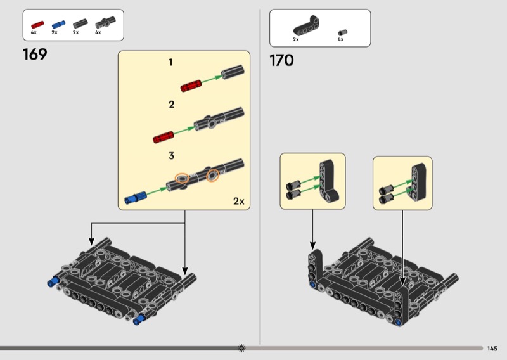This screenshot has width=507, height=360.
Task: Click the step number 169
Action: pos(35,55)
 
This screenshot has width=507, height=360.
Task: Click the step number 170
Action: pos(281,60)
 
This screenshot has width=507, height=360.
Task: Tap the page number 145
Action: pos(492,349)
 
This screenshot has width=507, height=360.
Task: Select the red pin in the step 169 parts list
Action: pos(37,25)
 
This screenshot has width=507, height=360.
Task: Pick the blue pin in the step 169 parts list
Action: pos(58,25)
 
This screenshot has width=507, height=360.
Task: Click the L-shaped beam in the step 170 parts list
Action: pos(307,27)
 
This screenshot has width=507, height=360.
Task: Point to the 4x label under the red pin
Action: pos(34,32)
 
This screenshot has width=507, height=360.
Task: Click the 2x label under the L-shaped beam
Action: pos(296,39)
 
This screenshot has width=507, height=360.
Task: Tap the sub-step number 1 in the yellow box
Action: pos(170,62)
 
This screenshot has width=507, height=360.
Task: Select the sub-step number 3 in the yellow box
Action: pos(171,156)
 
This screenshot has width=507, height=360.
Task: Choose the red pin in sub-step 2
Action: pos(164,137)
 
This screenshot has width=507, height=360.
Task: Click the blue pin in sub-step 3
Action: pos(135,197)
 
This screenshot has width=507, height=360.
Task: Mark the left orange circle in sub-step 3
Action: pos(182,178)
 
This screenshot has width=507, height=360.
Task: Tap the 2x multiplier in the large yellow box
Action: pos(239,201)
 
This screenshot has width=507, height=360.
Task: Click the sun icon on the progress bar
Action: pos(241,348)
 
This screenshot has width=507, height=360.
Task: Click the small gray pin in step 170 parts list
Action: pos(343,32)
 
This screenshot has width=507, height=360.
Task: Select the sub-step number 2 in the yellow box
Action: pos(171,105)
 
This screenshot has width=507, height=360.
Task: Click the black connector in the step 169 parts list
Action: pos(105,23)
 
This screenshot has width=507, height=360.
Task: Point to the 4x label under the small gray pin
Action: pos(340,39)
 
